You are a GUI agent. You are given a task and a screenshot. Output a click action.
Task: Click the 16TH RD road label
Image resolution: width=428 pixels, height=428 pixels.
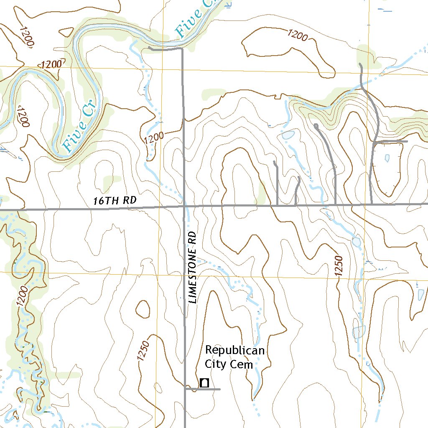(x=115, y=200)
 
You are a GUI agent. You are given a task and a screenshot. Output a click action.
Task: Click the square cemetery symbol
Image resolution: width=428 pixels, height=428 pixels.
(x=205, y=382)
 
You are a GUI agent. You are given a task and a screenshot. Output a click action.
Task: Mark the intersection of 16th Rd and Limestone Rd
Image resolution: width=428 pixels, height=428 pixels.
(x=184, y=206)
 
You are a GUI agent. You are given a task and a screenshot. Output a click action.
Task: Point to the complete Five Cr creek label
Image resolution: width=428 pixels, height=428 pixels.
(x=79, y=126)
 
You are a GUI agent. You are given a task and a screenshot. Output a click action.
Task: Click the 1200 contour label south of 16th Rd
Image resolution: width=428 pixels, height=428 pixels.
(x=23, y=296)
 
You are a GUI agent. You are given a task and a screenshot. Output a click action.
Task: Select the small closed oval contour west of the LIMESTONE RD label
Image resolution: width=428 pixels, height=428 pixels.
(x=143, y=309)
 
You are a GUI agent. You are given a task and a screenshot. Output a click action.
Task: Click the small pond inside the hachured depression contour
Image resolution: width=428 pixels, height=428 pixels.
(x=387, y=158)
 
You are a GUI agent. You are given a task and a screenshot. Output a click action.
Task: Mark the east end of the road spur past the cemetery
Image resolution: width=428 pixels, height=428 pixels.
(x=220, y=389)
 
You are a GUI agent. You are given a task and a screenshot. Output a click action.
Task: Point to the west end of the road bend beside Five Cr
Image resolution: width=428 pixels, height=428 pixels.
(x=150, y=48)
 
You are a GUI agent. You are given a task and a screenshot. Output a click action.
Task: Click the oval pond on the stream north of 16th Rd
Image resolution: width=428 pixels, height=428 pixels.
(x=288, y=135)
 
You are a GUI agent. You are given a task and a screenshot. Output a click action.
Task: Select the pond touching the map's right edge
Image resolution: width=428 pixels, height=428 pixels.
(x=421, y=294)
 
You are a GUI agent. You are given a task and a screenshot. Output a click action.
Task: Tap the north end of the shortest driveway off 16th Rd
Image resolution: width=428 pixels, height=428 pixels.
(x=298, y=177)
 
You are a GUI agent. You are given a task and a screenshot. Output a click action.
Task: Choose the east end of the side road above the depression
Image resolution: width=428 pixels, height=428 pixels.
(x=407, y=141)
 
